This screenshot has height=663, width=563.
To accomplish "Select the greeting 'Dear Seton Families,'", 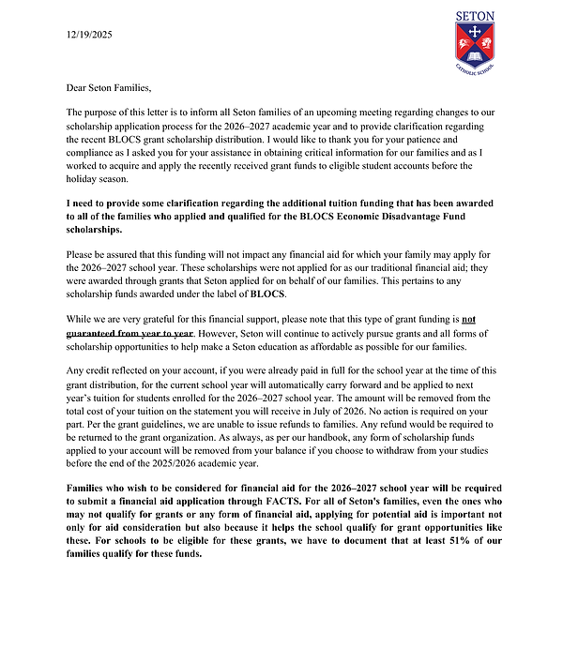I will [109, 88].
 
